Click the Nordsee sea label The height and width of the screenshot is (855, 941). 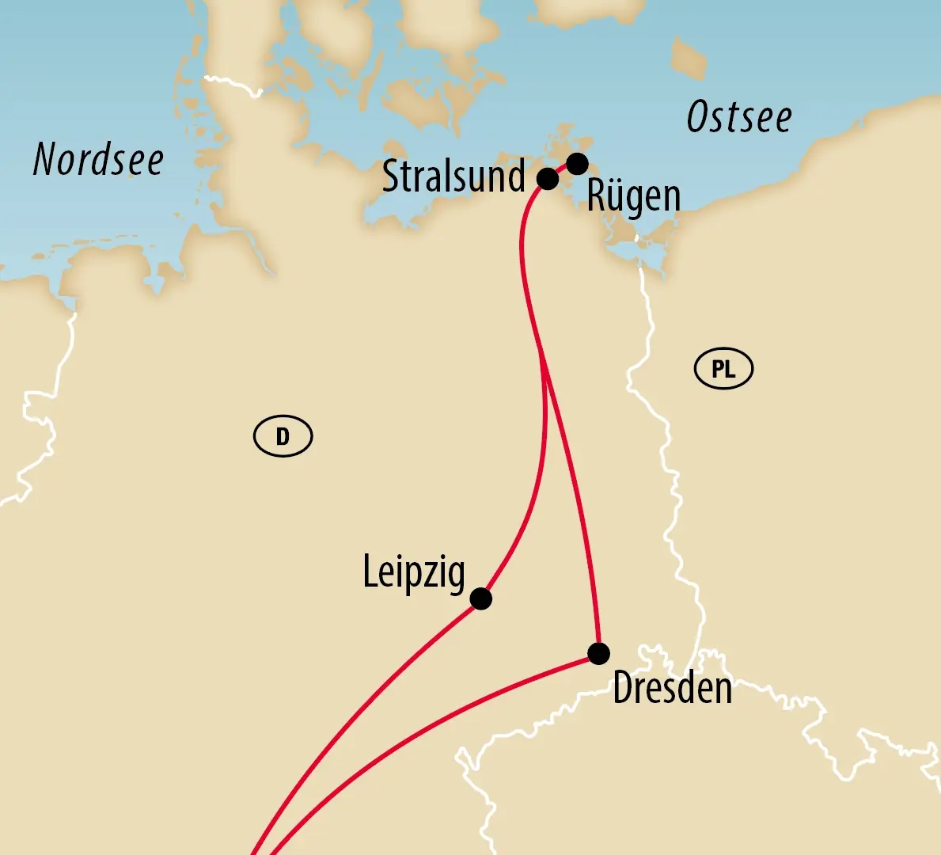pos(98,160)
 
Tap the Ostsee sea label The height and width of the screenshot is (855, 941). pos(738,118)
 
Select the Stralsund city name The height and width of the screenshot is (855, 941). pos(453,177)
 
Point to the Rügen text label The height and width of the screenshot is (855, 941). pos(633,196)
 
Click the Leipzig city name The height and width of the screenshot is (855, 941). pos(414,572)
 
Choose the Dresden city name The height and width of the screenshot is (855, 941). pos(672,688)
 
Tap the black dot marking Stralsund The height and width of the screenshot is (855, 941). pos(548,179)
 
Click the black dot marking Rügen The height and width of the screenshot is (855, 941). pos(578,164)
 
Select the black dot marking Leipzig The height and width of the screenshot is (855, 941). pos(480,598)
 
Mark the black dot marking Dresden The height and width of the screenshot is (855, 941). pos(599,654)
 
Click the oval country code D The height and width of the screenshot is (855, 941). pos(283,436)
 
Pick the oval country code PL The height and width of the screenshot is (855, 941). pos(723,369)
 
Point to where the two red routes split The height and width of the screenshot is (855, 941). pos(541,348)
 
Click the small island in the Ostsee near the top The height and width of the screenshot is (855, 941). pos(688,57)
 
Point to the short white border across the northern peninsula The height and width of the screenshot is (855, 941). pos(233,84)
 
